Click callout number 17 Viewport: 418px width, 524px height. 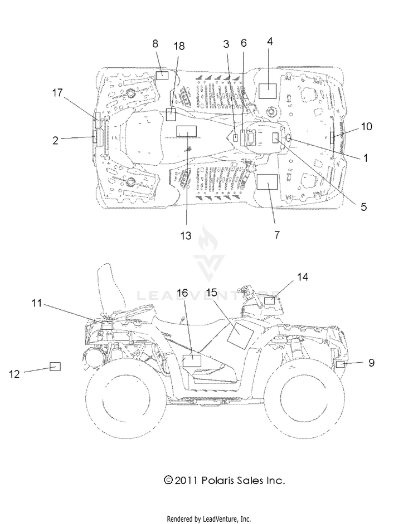click(x=57, y=92)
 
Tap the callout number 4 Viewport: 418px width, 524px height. click(x=270, y=41)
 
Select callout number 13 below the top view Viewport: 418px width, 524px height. click(x=186, y=235)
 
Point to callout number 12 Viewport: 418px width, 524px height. click(x=14, y=374)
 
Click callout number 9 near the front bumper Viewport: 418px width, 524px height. click(x=371, y=363)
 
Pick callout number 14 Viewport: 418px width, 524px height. click(x=303, y=277)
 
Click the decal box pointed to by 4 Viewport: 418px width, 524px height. click(x=268, y=91)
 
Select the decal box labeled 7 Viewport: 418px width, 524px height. click(x=267, y=182)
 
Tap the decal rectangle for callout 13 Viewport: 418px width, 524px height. click(x=187, y=131)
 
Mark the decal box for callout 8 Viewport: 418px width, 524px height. click(x=162, y=75)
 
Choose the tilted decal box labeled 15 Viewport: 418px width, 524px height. click(x=240, y=334)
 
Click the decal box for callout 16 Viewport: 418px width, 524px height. click(x=192, y=361)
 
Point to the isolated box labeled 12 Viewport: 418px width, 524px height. click(x=55, y=366)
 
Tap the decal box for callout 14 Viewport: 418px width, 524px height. click(x=270, y=300)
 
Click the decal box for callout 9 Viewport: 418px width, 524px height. click(x=340, y=364)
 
